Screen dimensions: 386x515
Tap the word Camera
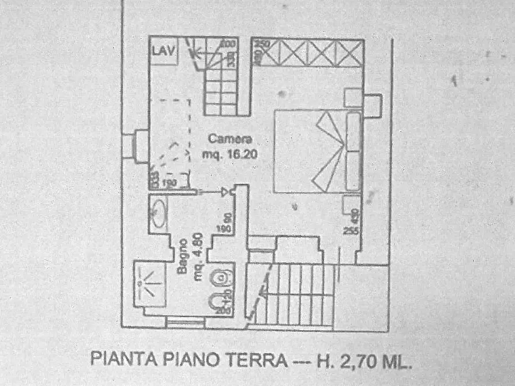[x=230, y=139]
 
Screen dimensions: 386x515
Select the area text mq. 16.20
[x=230, y=154]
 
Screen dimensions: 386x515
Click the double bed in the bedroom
[x=318, y=151]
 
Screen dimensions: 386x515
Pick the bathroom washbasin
[x=157, y=214]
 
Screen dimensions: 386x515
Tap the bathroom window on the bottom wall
[x=185, y=322]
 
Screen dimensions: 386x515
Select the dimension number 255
[x=350, y=231]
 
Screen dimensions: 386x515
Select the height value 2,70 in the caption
[x=352, y=361]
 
